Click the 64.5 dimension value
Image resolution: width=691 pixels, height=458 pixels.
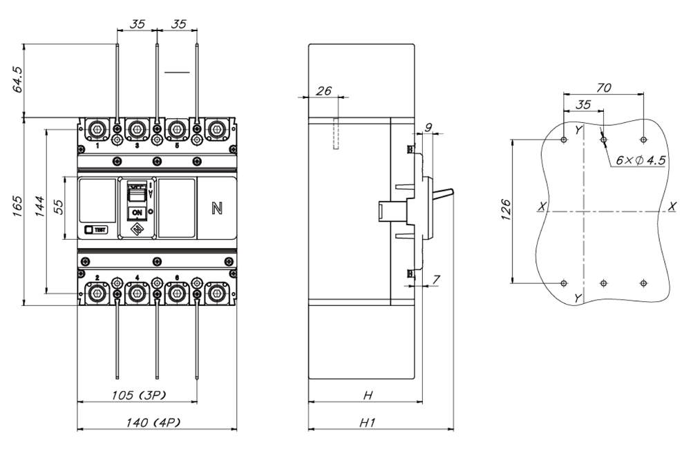click(19, 79)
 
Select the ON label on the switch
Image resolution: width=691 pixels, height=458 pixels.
click(137, 212)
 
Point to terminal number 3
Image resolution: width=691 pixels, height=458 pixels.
click(137, 147)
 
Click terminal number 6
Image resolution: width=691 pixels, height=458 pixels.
click(177, 277)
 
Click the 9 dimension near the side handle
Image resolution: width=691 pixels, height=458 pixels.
click(428, 126)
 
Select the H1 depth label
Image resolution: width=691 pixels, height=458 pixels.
click(367, 423)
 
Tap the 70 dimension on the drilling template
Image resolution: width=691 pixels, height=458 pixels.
click(603, 88)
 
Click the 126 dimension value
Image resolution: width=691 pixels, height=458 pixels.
click(505, 211)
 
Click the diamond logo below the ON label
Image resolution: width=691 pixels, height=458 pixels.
click(137, 229)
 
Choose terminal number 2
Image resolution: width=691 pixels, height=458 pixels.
click(97, 277)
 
